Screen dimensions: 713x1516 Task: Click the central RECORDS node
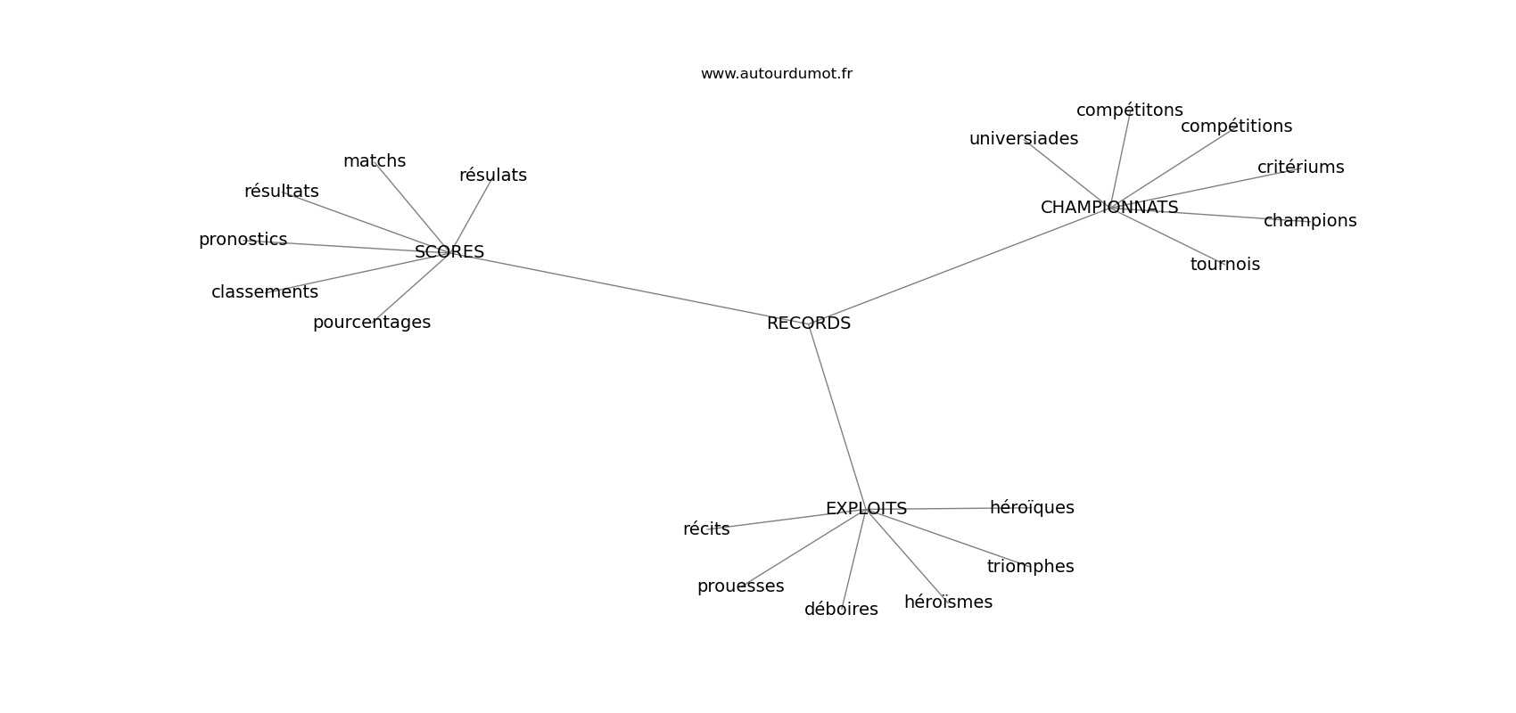[809, 324]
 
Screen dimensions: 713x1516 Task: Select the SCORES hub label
[449, 252]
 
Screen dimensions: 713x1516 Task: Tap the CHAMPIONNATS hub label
[1109, 208]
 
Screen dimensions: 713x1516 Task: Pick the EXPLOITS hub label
[866, 509]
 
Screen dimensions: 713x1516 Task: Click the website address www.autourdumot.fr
[776, 74]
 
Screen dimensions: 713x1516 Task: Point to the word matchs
[375, 161]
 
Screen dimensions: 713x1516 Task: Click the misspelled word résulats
[493, 176]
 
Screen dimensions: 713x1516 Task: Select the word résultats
[281, 192]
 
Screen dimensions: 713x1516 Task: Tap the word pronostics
[243, 240]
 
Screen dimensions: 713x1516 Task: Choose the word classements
[265, 292]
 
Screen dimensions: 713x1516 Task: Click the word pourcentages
[372, 323]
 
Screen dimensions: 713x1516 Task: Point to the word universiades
[1024, 139]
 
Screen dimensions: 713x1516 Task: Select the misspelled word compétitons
[1129, 111]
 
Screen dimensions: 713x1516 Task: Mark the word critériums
[1300, 168]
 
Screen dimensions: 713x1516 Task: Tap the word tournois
[1225, 265]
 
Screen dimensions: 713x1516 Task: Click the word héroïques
[1032, 508]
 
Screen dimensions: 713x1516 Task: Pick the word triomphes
[1030, 567]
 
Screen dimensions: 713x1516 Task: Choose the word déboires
[841, 610]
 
